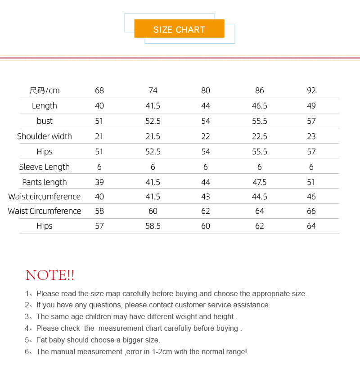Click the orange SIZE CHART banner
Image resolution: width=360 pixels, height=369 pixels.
[179, 29]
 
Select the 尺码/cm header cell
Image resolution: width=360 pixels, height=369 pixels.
[45, 90]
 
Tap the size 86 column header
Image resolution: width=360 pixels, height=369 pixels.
[260, 90]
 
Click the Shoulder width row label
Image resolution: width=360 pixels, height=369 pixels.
[45, 136]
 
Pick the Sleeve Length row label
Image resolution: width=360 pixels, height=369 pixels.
[45, 167]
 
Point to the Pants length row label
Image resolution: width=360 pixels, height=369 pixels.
[45, 182]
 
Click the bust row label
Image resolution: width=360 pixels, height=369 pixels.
[45, 121]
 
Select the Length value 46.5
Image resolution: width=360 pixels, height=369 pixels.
[260, 106]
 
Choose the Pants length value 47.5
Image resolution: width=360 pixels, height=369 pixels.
[260, 182]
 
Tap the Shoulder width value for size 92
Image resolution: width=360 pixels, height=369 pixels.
[311, 136]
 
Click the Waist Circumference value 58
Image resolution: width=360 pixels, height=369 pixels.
[99, 211]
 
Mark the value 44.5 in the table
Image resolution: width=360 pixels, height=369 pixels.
[260, 197]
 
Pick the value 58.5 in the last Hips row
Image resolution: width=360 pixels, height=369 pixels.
[153, 226]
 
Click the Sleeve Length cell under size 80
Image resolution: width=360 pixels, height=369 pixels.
[206, 167]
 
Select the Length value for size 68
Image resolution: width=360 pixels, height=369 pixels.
[99, 106]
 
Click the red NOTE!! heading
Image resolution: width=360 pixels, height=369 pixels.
[50, 275]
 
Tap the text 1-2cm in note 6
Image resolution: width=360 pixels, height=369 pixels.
[162, 352]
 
